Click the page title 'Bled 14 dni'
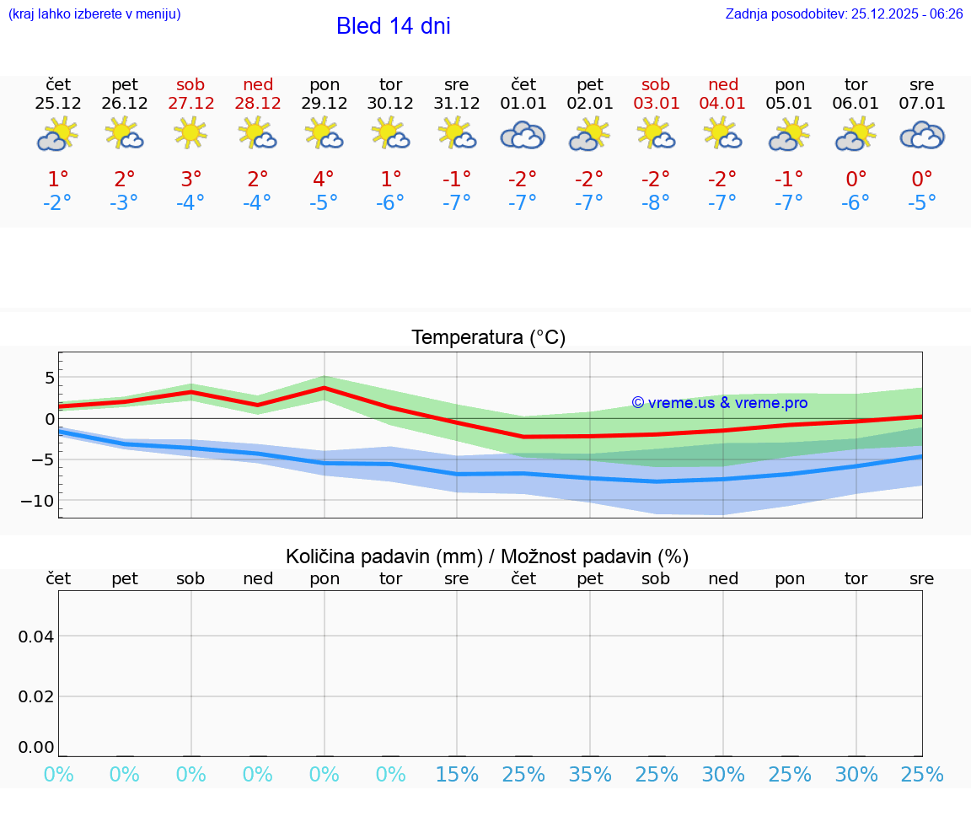pos(393,26)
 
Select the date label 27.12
pos(190,104)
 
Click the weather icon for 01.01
pos(523,135)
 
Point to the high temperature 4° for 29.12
pos(324,180)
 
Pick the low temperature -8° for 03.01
pos(656,203)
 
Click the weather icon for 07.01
pos(922,135)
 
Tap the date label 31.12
pos(456,104)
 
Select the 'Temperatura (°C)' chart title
pos(488,338)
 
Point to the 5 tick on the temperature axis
pos(49,377)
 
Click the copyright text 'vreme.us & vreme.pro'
pos(720,403)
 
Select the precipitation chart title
pos(487,556)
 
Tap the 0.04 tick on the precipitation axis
pos(36,637)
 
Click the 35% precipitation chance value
pos(590,775)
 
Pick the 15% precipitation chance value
pos(456,775)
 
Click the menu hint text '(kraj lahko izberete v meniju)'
pos(94,13)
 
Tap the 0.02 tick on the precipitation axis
pos(36,696)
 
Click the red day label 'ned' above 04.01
pos(722,84)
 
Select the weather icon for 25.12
pos(57,135)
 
